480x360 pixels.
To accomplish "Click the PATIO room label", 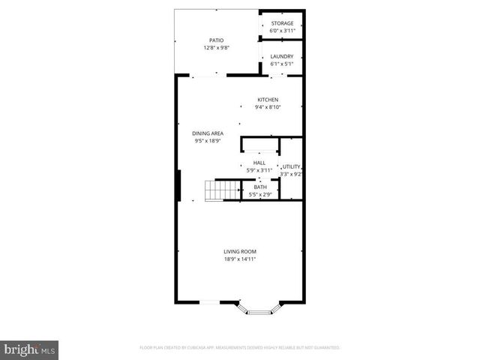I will pos(216,40).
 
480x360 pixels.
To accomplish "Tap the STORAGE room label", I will pos(283,23).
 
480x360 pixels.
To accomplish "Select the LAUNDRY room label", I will pos(282,56).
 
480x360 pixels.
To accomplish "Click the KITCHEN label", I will pos(268,100).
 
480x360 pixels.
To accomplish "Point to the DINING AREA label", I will pos(208,133).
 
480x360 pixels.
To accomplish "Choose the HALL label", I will pos(259,163).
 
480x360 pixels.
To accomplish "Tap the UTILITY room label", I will pos(291,166).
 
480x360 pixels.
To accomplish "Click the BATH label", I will pos(259,187).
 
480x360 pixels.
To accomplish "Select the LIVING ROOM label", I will pos(240,251).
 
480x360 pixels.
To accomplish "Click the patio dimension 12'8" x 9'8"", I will pos(216,48).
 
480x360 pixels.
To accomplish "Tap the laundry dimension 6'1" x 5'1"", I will pos(282,64).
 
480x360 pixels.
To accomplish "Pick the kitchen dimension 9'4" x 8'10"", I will pos(268,107).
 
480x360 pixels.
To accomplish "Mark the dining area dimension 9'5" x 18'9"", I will pos(208,141).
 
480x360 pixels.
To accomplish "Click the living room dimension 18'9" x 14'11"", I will pos(240,259).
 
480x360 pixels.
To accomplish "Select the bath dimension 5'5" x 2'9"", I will pos(259,195).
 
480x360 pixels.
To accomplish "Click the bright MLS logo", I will pos(30,349).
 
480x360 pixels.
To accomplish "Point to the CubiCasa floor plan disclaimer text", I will pos(240,348).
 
